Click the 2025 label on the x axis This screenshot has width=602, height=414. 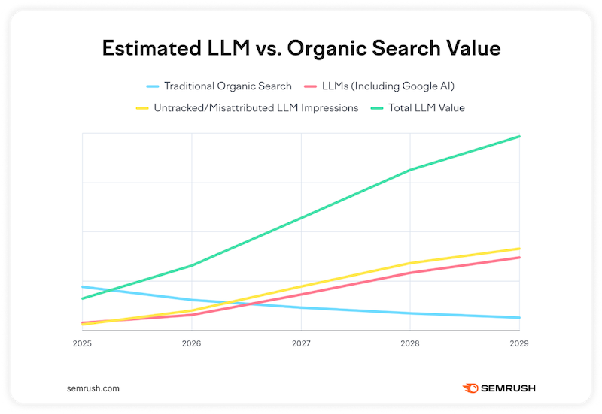(82, 343)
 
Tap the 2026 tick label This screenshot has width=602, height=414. (191, 343)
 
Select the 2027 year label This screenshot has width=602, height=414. (301, 343)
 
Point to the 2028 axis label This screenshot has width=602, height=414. (410, 343)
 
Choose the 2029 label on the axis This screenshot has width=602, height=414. (519, 343)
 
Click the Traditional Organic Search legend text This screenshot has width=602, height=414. (228, 86)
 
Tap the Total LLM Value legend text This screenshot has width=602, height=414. (427, 108)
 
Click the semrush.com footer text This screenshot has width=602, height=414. (93, 388)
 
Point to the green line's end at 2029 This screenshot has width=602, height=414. (519, 137)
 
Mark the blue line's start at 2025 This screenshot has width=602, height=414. (82, 287)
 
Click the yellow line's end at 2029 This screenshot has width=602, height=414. (519, 249)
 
